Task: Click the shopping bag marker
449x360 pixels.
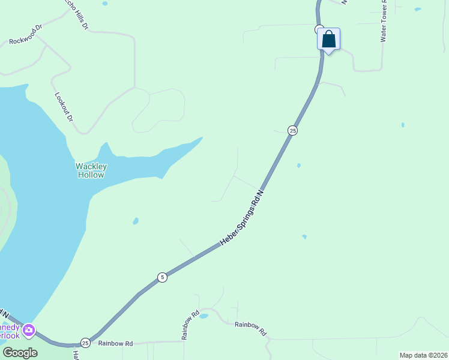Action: pyautogui.click(x=328, y=40)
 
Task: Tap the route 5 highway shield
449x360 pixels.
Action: pyautogui.click(x=162, y=277)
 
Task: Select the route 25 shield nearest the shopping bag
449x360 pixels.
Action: pyautogui.click(x=292, y=130)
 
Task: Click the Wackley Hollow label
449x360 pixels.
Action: pyautogui.click(x=91, y=170)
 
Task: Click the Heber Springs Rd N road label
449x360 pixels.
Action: pyautogui.click(x=242, y=218)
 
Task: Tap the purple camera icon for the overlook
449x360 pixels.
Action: pyautogui.click(x=28, y=330)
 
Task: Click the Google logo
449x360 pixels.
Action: pyautogui.click(x=20, y=352)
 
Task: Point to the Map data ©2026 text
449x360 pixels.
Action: pyautogui.click(x=423, y=355)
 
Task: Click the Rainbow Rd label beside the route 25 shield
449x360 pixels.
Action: pyautogui.click(x=116, y=343)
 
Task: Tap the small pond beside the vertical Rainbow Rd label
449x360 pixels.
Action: pyautogui.click(x=203, y=316)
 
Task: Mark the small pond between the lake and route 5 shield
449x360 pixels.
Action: pyautogui.click(x=136, y=221)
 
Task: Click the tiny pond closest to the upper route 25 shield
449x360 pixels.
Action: pyautogui.click(x=299, y=165)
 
